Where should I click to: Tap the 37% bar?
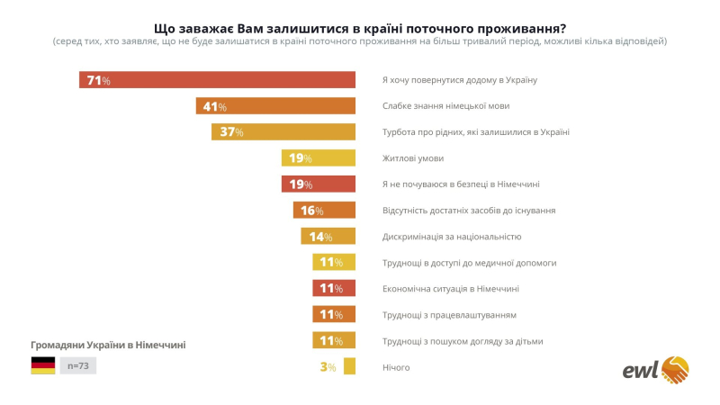[283, 132]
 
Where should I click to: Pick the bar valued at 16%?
[324, 211]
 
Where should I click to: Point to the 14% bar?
[328, 237]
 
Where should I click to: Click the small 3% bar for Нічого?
[350, 367]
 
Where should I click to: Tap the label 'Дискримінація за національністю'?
[452, 237]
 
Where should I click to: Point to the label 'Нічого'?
[396, 367]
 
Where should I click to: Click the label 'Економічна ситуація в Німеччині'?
[450, 289]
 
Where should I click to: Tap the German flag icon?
[43, 364]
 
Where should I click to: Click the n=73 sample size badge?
[78, 364]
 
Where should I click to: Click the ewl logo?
[656, 368]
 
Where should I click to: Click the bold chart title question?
[359, 26]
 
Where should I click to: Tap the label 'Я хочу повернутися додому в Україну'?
[459, 80]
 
